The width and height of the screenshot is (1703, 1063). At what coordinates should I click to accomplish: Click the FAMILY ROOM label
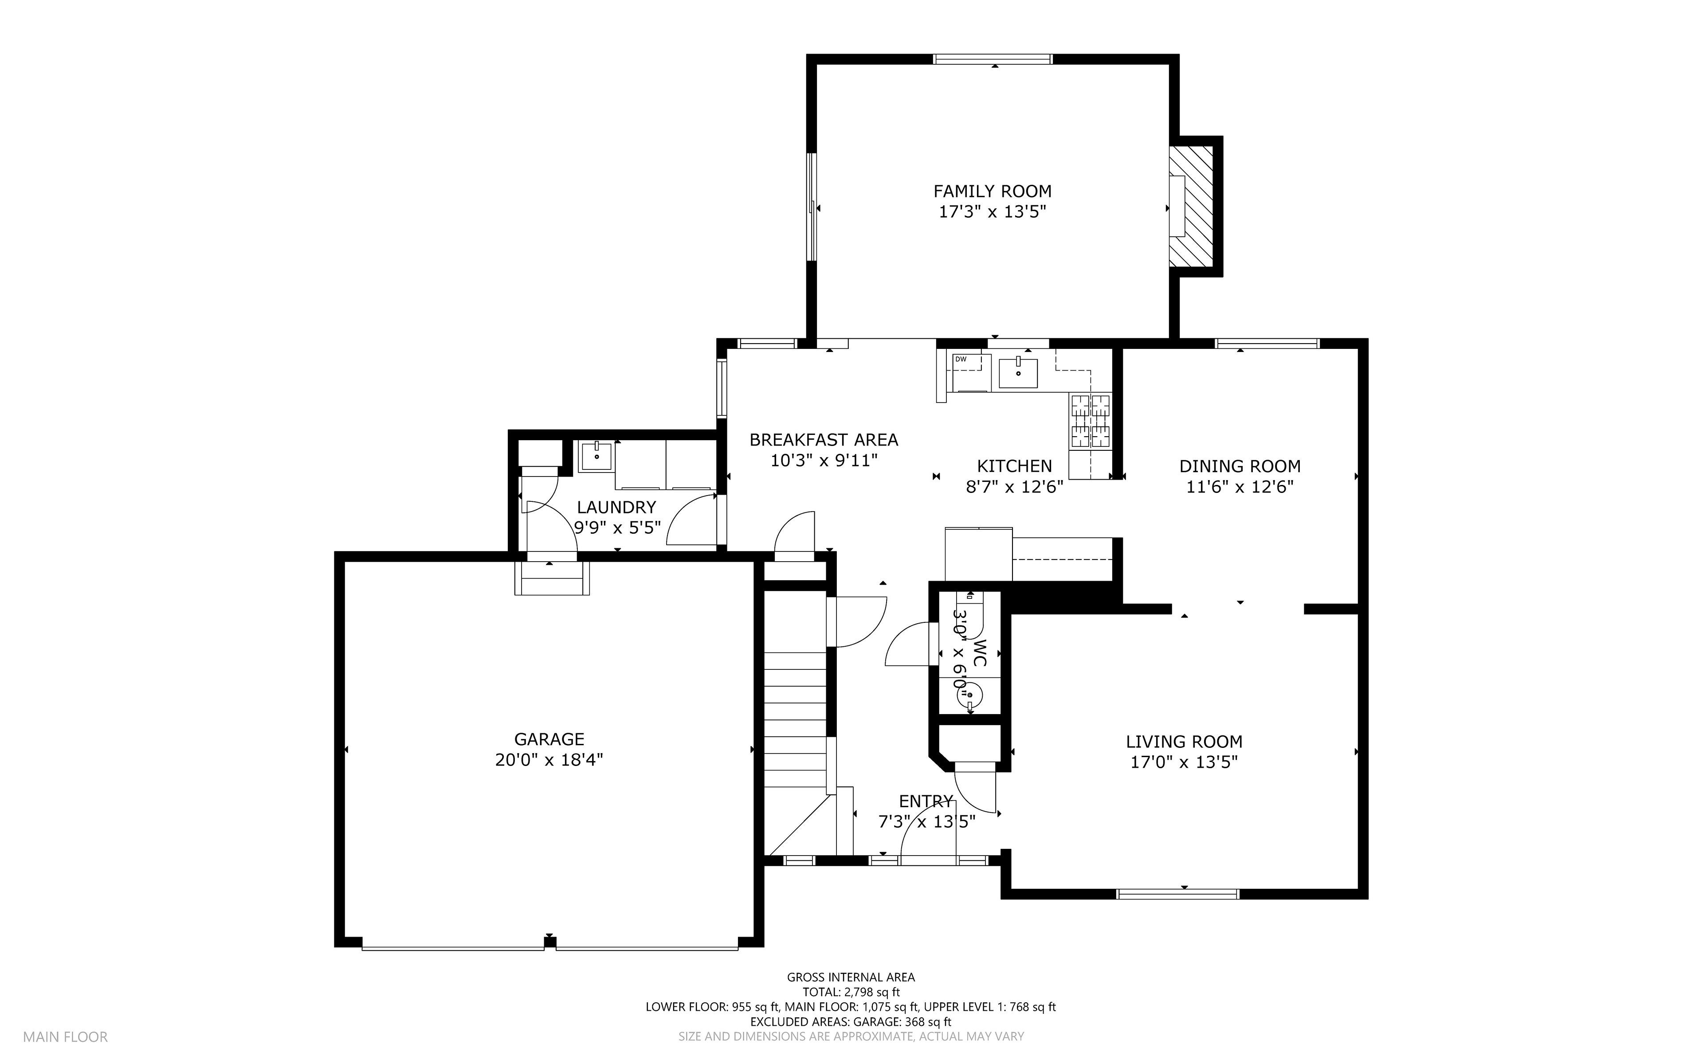(x=992, y=191)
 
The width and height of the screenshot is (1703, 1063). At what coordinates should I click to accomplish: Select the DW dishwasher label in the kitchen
(x=961, y=359)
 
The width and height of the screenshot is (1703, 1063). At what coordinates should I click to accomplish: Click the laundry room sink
(x=596, y=456)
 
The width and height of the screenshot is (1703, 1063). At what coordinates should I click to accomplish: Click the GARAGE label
(x=549, y=739)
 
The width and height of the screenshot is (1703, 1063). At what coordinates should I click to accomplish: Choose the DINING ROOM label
(x=1240, y=466)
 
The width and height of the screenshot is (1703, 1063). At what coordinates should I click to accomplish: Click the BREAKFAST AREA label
(x=824, y=440)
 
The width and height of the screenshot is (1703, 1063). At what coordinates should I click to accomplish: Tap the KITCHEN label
(x=1014, y=466)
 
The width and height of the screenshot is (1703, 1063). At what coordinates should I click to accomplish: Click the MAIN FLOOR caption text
(x=65, y=1037)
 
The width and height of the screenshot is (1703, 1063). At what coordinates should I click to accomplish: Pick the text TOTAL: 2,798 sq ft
(x=851, y=992)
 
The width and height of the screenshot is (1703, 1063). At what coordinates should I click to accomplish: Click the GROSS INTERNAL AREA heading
(x=851, y=977)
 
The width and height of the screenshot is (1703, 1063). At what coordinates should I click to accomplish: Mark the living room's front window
(x=1178, y=894)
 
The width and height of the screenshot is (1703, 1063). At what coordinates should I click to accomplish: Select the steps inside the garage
(x=552, y=578)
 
